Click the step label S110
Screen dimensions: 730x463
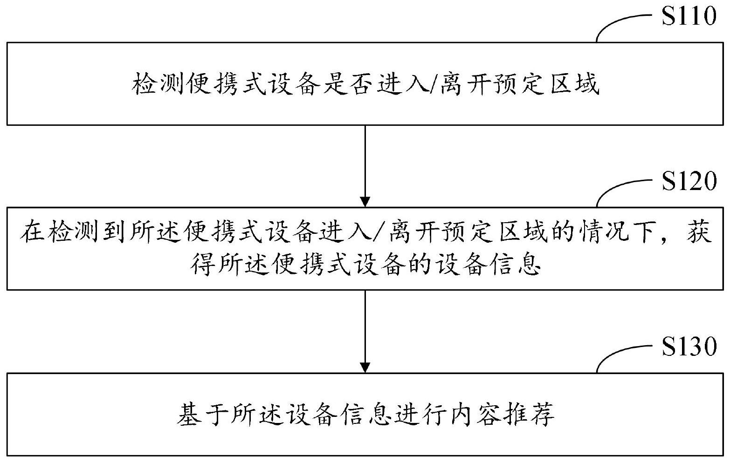[x=689, y=16]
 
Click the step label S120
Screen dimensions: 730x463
[x=689, y=181]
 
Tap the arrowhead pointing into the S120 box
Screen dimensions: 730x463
[x=365, y=202]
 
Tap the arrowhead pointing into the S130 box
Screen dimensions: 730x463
[x=365, y=367]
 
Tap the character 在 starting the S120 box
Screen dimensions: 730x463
[x=32, y=231]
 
